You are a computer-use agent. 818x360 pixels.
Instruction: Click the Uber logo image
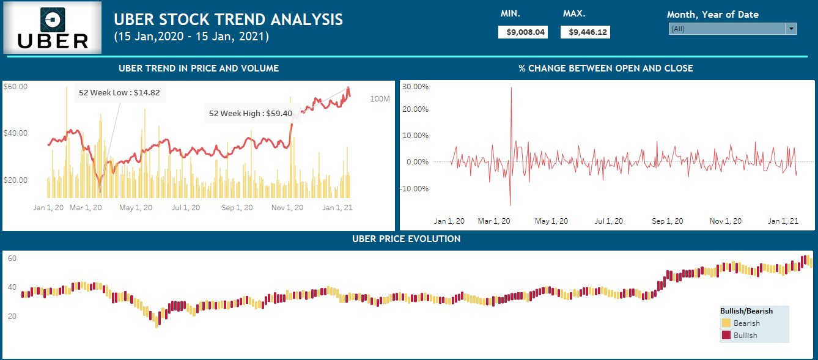[x=53, y=28]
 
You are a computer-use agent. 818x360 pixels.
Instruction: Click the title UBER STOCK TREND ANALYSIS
[x=228, y=20]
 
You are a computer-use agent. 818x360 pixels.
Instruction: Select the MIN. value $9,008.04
[x=523, y=32]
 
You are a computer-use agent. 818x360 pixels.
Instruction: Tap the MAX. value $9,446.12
[x=585, y=32]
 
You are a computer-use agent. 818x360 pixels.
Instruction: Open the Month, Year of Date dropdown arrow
[x=792, y=29]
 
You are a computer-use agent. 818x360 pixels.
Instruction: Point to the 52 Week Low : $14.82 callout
[x=119, y=93]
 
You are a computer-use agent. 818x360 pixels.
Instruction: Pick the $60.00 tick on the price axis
[x=15, y=87]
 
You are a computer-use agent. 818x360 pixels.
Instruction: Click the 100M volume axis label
[x=380, y=99]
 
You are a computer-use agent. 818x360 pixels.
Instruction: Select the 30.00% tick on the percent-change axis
[x=416, y=87]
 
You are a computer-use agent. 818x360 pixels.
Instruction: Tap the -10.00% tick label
[x=415, y=188]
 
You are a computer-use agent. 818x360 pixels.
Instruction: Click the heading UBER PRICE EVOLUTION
[x=406, y=239]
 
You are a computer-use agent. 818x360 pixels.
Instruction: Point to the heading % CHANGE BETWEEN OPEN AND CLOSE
[x=605, y=68]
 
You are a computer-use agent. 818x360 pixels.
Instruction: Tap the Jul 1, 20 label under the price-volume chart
[x=186, y=208]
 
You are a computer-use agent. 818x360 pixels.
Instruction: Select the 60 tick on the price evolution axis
[x=12, y=259]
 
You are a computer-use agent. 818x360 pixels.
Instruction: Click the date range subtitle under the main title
[x=191, y=37]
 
